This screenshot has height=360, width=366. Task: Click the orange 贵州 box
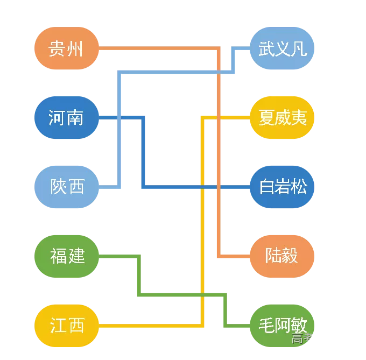[66, 48]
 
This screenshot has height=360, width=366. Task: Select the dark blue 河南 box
[66, 117]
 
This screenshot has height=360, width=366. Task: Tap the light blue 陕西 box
[66, 187]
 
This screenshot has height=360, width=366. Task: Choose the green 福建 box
[66, 256]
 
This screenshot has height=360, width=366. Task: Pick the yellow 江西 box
[66, 326]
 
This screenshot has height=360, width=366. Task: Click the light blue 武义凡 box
[282, 48]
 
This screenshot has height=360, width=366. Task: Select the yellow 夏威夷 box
[282, 117]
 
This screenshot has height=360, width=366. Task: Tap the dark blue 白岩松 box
[282, 187]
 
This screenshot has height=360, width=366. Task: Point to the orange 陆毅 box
[282, 256]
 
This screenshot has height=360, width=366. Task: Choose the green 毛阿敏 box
[282, 326]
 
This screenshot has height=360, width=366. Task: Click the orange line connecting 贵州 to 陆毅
[219, 161]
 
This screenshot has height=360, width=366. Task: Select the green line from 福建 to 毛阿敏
[183, 294]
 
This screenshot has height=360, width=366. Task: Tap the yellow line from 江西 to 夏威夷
[202, 226]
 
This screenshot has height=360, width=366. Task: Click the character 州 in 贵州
[75, 49]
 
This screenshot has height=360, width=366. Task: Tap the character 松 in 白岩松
[299, 187]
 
